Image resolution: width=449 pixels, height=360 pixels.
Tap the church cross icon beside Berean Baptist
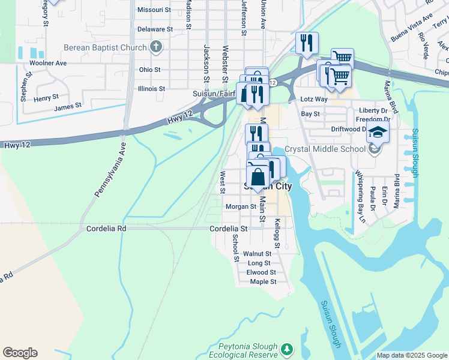coord(155,47)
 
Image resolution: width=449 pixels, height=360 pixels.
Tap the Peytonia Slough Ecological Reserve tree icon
coord(288,349)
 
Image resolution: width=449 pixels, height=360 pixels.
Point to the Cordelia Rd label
coord(106,229)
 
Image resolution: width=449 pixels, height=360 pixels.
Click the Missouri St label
coord(155,10)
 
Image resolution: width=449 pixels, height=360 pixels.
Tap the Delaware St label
coord(155,29)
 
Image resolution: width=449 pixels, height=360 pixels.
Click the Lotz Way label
coord(314,99)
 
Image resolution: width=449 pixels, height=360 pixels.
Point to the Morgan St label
coord(241,206)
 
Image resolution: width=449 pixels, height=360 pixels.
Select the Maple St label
coord(263,281)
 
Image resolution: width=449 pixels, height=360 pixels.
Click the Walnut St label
coord(261,254)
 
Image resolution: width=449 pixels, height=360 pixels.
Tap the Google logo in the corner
coord(20,353)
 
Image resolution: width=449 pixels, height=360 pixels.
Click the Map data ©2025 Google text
coord(411,355)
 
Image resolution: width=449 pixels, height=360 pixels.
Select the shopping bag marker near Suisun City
coord(258,177)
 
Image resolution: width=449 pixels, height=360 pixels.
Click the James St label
coord(67,108)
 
